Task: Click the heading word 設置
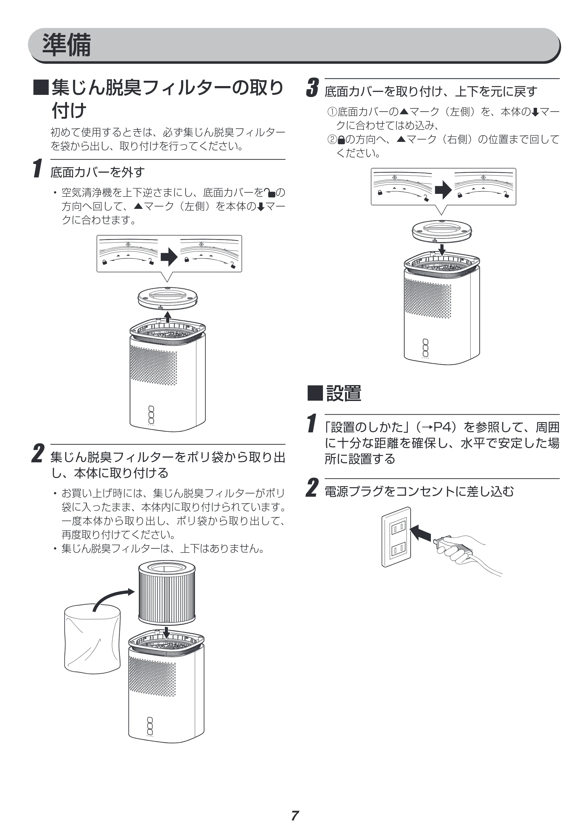pos(344,393)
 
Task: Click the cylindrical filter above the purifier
pos(167,592)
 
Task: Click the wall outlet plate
pos(396,537)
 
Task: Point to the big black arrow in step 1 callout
pos(169,257)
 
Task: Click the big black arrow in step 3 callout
pos(443,190)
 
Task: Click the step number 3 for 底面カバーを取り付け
pos(312,88)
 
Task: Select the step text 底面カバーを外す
pos(97,172)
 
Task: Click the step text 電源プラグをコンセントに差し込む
pos(419,491)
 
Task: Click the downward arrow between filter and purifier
pos(167,633)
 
